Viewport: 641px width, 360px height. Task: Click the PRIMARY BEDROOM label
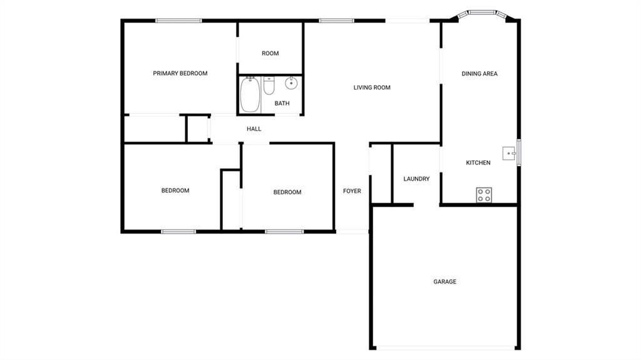(x=180, y=74)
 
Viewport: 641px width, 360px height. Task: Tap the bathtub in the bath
(x=250, y=95)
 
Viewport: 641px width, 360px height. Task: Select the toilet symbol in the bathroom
(x=269, y=86)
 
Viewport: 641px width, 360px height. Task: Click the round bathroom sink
(x=291, y=83)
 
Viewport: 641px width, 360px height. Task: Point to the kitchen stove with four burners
(x=484, y=195)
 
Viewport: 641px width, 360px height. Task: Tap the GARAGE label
(x=445, y=282)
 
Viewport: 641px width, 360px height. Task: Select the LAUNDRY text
(x=416, y=179)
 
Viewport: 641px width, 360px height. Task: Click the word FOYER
(x=352, y=191)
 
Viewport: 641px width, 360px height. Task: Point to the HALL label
(x=254, y=129)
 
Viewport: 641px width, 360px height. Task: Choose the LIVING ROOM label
(x=372, y=88)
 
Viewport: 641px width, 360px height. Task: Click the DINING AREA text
(x=479, y=74)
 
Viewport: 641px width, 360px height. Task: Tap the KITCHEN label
(x=478, y=163)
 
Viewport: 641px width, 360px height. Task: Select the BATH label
(x=282, y=103)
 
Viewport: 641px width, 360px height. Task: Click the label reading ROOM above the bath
(x=270, y=54)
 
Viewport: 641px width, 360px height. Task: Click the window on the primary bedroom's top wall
(x=178, y=21)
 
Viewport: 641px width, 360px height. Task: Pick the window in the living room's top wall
(x=336, y=21)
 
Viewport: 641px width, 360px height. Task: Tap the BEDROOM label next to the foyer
(x=287, y=192)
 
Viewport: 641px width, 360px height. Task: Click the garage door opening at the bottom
(x=446, y=348)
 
